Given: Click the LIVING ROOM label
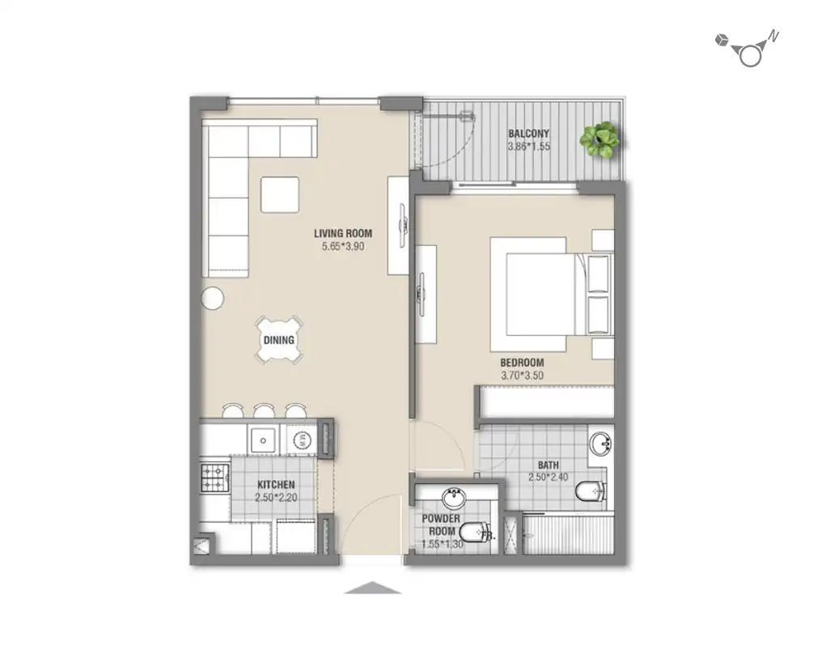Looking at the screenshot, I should (343, 234).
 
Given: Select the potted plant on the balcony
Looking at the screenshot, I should (600, 139).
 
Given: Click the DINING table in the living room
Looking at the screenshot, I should (279, 340).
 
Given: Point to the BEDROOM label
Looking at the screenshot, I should (521, 363).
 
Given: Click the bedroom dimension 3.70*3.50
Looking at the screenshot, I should (521, 376).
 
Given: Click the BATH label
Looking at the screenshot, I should (548, 465).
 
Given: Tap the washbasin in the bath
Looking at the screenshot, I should (599, 443).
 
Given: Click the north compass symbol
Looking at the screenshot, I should (749, 52).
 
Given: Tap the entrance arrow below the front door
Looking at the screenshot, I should (372, 588).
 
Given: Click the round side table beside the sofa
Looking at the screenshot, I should (212, 298).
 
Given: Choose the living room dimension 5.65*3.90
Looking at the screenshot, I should (343, 247).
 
